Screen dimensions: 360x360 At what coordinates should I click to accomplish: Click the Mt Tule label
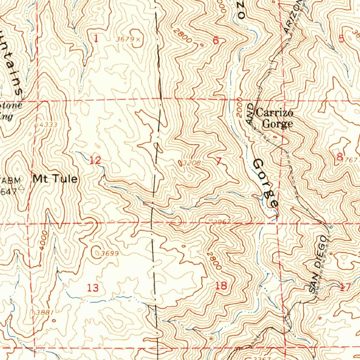click(x=55, y=179)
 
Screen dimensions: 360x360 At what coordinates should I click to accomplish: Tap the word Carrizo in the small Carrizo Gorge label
click(x=274, y=113)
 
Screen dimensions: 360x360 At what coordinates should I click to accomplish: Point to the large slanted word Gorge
click(x=266, y=183)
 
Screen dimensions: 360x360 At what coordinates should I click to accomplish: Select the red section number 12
click(x=95, y=161)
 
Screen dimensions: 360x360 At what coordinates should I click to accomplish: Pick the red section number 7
click(x=219, y=161)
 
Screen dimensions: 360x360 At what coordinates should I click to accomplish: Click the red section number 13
click(x=93, y=288)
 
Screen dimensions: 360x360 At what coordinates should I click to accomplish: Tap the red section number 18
click(x=221, y=286)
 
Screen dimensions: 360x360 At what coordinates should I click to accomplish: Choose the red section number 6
click(x=216, y=41)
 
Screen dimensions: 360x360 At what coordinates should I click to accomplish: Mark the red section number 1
click(x=96, y=39)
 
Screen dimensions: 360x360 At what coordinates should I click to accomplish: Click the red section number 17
click(x=345, y=288)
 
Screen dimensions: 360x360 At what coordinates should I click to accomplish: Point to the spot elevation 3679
click(x=125, y=39)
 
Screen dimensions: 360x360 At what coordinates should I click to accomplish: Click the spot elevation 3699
click(x=109, y=253)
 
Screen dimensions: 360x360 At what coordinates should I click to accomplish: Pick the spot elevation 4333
click(x=48, y=125)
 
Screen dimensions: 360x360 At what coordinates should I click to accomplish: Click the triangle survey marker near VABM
click(x=22, y=188)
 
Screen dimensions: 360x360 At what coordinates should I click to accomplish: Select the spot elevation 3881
click(x=44, y=312)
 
